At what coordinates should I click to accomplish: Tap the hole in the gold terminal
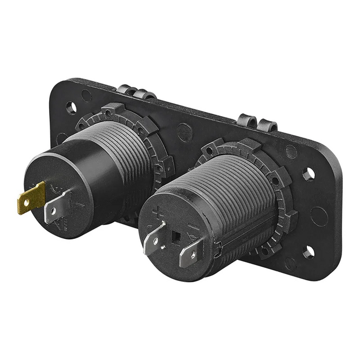[x=26, y=199]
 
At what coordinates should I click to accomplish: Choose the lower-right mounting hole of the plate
[x=308, y=252]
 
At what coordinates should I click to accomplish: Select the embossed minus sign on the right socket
[x=193, y=229]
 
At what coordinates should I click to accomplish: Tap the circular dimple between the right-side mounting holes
[x=319, y=215]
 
